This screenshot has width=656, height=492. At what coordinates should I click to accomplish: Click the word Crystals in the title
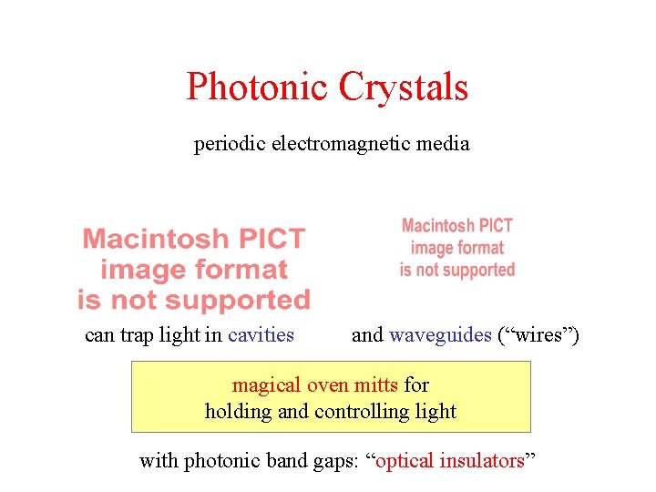403,87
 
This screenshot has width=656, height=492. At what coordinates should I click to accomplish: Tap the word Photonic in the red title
258,87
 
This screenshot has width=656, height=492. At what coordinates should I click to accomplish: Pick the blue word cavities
261,335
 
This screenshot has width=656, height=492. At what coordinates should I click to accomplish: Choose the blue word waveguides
440,335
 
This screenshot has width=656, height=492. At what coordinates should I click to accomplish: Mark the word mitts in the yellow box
374,385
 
